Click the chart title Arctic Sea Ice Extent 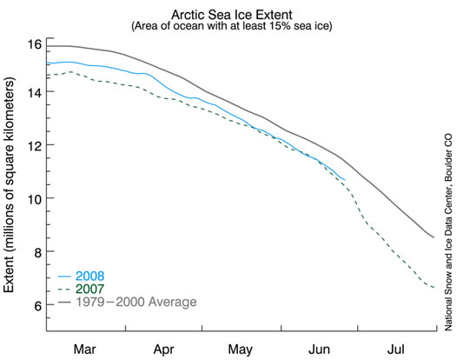pyautogui.click(x=232, y=15)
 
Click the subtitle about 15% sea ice pyautogui.click(x=232, y=26)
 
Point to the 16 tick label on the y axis pyautogui.click(x=35, y=44)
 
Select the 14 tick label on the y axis pyautogui.click(x=35, y=91)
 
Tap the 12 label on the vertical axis pyautogui.click(x=35, y=145)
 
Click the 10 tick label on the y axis pyautogui.click(x=35, y=198)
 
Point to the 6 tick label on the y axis pyautogui.click(x=38, y=305)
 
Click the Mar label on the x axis pyautogui.click(x=85, y=350)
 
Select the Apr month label pyautogui.click(x=163, y=350)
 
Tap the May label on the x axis pyautogui.click(x=241, y=350)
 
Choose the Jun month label pyautogui.click(x=319, y=350)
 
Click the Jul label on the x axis pyautogui.click(x=396, y=350)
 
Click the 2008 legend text pyautogui.click(x=90, y=276)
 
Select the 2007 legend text pyautogui.click(x=90, y=289)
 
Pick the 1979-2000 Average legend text pyautogui.click(x=136, y=302)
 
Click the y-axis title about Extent pyautogui.click(x=9, y=184)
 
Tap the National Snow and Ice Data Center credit pyautogui.click(x=448, y=232)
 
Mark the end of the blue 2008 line pyautogui.click(x=344, y=179)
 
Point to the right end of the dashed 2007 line pyautogui.click(x=434, y=287)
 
